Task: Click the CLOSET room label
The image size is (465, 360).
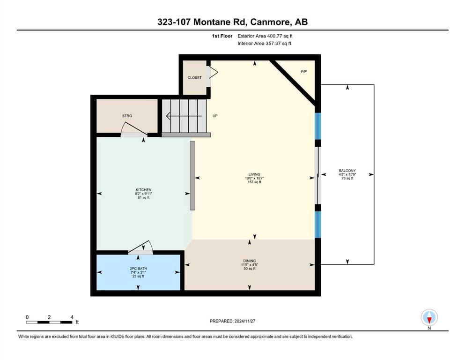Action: pos(194,77)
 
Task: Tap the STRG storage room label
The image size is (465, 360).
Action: pos(127,116)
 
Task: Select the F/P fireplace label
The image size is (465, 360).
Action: pos(303,72)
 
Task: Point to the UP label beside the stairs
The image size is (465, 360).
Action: pos(215,116)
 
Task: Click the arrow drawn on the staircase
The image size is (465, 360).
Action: pos(184,116)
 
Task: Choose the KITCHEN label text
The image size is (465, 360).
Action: pos(144,190)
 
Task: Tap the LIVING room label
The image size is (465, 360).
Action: pos(254,174)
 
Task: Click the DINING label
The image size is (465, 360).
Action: pos(250,261)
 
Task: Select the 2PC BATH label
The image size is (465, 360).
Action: pos(139,269)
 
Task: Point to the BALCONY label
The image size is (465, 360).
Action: pos(347,171)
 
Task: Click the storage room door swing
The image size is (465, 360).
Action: pos(134,128)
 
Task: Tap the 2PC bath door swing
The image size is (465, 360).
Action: pos(140,247)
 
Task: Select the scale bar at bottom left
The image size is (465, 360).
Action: pos(49,322)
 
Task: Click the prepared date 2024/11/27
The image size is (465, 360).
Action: pos(244,321)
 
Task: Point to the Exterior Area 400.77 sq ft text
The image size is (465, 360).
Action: pos(265,36)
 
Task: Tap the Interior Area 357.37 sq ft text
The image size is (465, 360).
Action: pos(264,43)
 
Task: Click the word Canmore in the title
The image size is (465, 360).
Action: pos(269,22)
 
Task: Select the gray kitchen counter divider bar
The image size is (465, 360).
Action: pos(192,175)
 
